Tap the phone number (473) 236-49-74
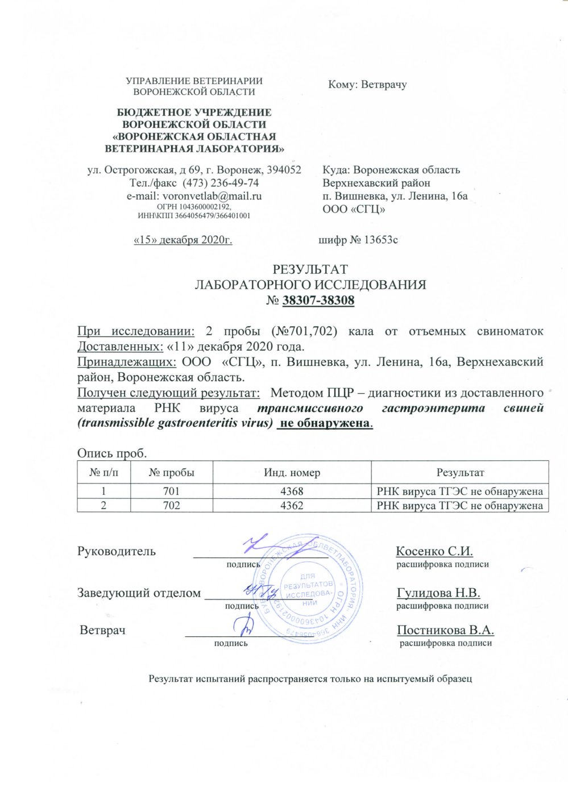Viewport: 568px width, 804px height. pyautogui.click(x=224, y=183)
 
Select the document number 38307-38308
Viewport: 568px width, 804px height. pyautogui.click(x=318, y=301)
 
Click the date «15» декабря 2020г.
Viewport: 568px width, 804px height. pyautogui.click(x=183, y=240)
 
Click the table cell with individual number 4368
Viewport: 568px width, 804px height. pyautogui.click(x=292, y=491)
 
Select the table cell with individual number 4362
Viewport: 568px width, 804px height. pyautogui.click(x=292, y=505)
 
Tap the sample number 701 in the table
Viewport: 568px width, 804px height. pyautogui.click(x=171, y=491)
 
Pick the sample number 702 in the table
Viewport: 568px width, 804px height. pyautogui.click(x=171, y=505)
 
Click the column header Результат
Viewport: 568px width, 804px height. pyautogui.click(x=460, y=473)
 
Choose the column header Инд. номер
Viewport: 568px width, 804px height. pyautogui.click(x=292, y=473)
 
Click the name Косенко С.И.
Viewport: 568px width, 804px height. pyautogui.click(x=434, y=551)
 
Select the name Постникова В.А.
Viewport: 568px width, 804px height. pyautogui.click(x=445, y=630)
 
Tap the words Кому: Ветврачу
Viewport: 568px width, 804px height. pyautogui.click(x=367, y=85)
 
